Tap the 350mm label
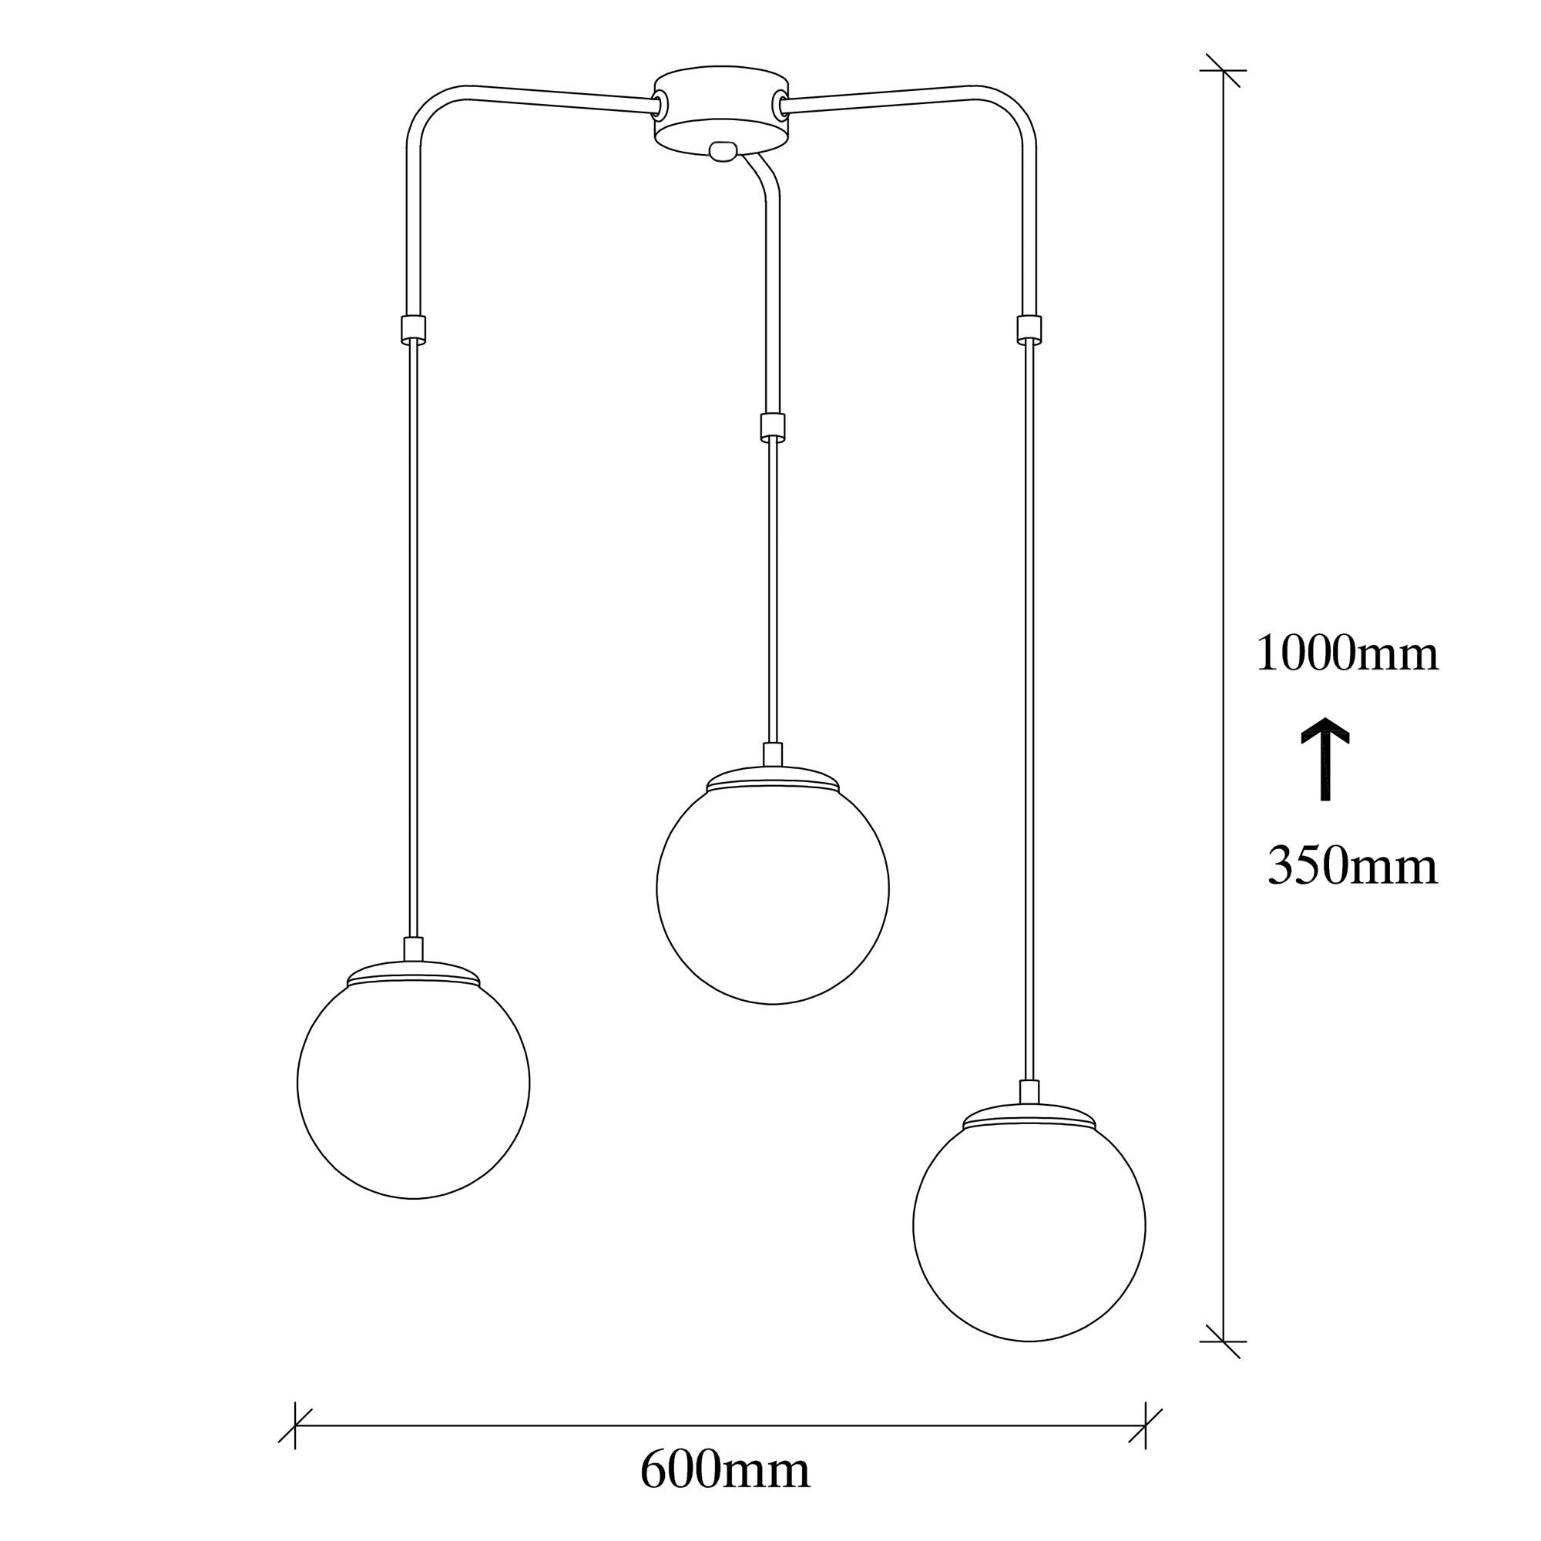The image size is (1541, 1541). [1352, 866]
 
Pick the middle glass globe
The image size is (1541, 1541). [772, 889]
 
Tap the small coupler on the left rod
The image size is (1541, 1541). [412, 327]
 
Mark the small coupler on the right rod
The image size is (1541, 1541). [1029, 327]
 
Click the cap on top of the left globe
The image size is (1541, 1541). [414, 975]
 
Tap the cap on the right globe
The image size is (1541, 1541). [1029, 1116]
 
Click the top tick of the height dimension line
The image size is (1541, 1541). [1224, 70]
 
